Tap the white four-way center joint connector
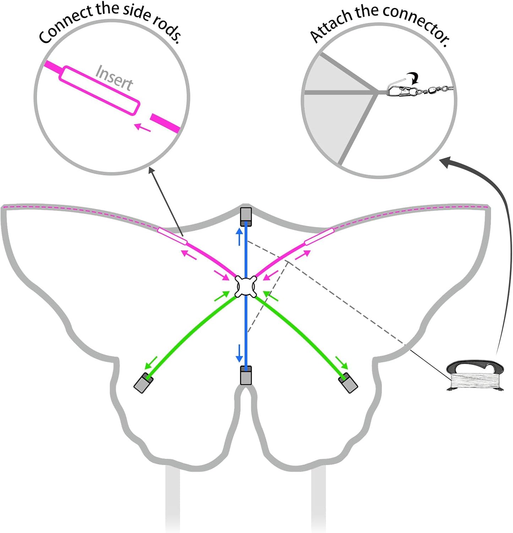pyautogui.click(x=246, y=286)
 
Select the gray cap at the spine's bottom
pyautogui.click(x=246, y=375)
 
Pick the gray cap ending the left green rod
pyautogui.click(x=143, y=383)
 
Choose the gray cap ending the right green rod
pyautogui.click(x=348, y=383)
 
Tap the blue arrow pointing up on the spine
pyautogui.click(x=240, y=237)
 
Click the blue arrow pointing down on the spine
pyautogui.click(x=240, y=352)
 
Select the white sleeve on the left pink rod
pyautogui.click(x=172, y=236)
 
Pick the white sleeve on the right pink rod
pyautogui.click(x=319, y=237)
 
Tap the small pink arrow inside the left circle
pyautogui.click(x=143, y=127)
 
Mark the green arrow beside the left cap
pyautogui.click(x=151, y=362)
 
